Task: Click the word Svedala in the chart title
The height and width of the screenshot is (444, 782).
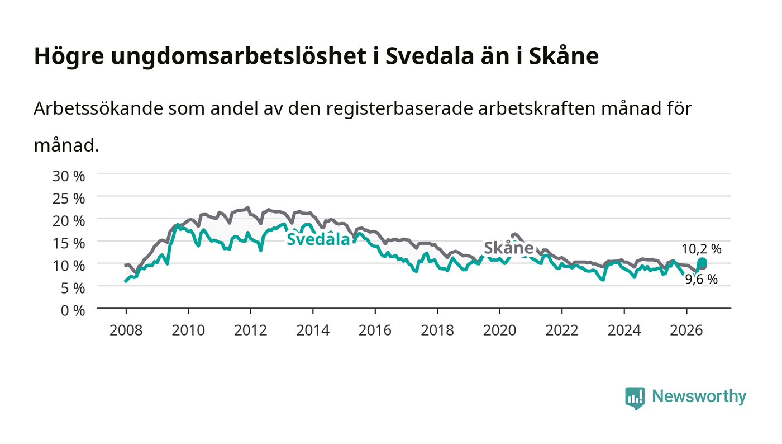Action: pos(430,56)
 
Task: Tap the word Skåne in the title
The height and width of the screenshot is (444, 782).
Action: pos(564,56)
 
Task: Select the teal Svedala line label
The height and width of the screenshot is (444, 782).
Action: pos(318,239)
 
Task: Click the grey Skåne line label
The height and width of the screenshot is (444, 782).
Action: pos(509,248)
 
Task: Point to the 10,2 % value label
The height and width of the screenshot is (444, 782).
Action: pos(702,249)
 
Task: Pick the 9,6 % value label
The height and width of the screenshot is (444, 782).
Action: pos(701,279)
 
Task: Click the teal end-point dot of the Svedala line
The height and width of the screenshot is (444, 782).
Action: pos(702,262)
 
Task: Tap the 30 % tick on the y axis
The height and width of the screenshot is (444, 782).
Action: pos(68,176)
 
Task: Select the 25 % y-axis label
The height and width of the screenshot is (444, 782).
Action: pos(68,199)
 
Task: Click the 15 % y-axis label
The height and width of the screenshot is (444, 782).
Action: pos(68,243)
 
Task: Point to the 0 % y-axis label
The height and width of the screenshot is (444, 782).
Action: pos(73,310)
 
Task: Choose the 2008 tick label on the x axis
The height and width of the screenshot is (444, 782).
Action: pos(126,330)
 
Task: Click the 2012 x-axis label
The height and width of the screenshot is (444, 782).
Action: pos(250,330)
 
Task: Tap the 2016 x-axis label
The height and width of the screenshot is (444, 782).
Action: pos(375,330)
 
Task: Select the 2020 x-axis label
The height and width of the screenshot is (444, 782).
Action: pos(499,330)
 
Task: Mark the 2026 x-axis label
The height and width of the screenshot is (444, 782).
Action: pos(686,330)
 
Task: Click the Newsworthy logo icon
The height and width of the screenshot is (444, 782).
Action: pos(635,398)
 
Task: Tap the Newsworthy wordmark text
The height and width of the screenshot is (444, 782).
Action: pos(699,396)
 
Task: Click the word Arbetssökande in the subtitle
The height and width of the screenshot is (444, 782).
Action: pos(98,108)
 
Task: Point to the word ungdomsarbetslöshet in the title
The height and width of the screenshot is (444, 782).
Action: pos(238,56)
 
